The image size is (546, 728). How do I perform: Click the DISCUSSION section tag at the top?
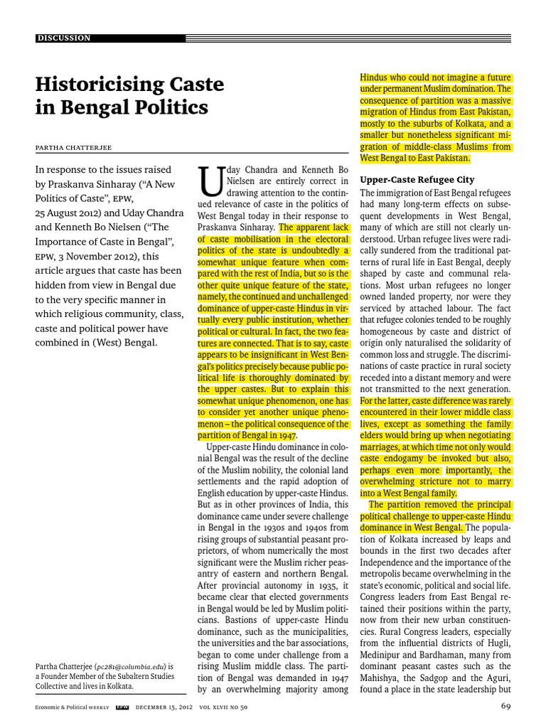(64, 38)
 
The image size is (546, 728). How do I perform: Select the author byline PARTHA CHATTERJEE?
(77, 147)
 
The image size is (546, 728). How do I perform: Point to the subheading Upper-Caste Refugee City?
(417, 180)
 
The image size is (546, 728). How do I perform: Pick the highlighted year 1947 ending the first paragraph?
(286, 435)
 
